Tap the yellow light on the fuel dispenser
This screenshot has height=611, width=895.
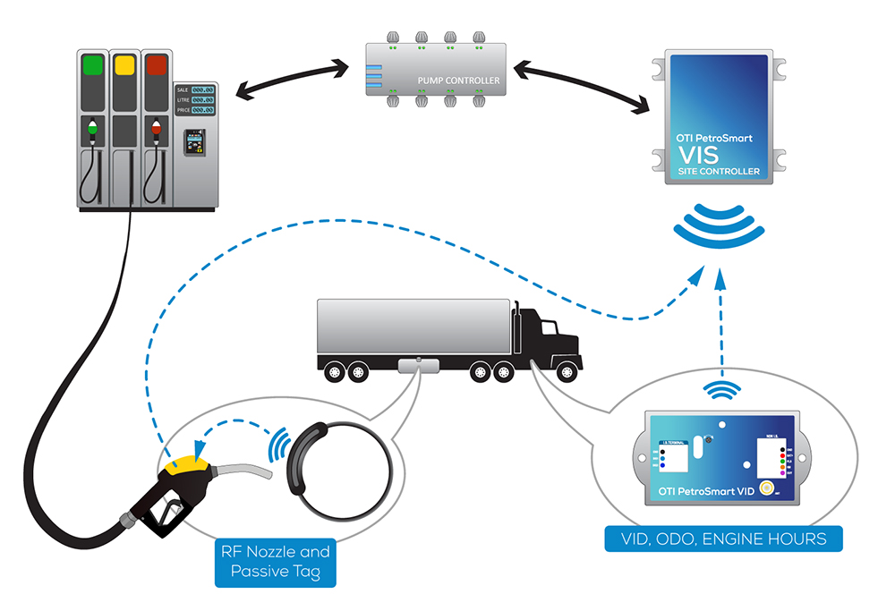tap(124, 66)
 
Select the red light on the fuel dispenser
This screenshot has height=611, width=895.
tap(156, 66)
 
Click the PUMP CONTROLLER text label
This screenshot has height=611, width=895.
tap(458, 81)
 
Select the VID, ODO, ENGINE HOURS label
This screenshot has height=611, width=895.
tap(722, 539)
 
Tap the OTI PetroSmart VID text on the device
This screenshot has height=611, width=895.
tap(706, 491)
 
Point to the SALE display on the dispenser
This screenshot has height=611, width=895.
tap(194, 89)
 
